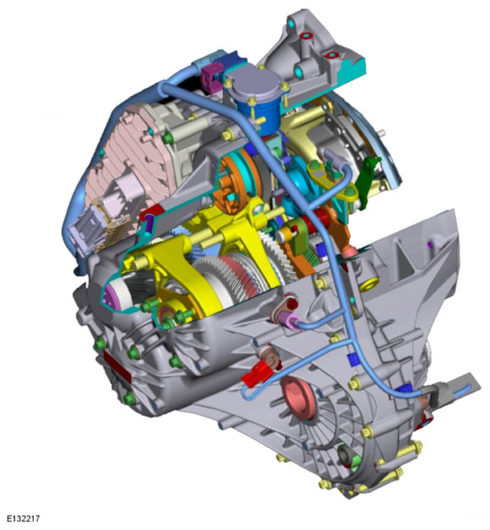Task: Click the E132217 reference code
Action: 24,518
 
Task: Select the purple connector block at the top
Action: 211,77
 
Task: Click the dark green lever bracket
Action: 367,182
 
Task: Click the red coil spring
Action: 319,219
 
